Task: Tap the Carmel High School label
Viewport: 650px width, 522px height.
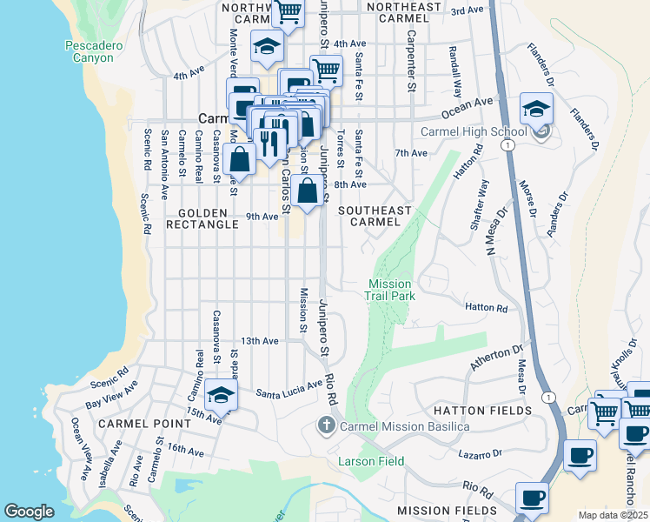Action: [x=474, y=132]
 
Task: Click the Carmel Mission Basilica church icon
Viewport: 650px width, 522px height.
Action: [x=326, y=425]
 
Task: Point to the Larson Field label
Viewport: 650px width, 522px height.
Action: [x=371, y=461]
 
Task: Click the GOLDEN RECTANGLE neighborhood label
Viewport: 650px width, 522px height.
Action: [x=208, y=218]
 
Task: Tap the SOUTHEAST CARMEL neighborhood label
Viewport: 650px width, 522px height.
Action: [x=375, y=216]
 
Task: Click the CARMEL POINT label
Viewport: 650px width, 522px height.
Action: [x=144, y=423]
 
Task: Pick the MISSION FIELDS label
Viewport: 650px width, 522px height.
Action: [x=447, y=511]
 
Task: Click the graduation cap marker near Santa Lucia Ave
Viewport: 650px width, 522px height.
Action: [x=221, y=396]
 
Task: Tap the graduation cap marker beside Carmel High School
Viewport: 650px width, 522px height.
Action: [x=536, y=110]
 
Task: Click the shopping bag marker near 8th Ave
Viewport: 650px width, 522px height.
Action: [x=308, y=190]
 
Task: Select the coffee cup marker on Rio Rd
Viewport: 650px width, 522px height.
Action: [x=532, y=499]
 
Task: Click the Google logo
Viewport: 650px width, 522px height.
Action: [x=29, y=512]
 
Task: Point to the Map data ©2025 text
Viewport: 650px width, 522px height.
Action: [x=613, y=515]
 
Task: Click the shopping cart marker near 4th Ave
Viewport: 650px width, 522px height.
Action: [x=326, y=70]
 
